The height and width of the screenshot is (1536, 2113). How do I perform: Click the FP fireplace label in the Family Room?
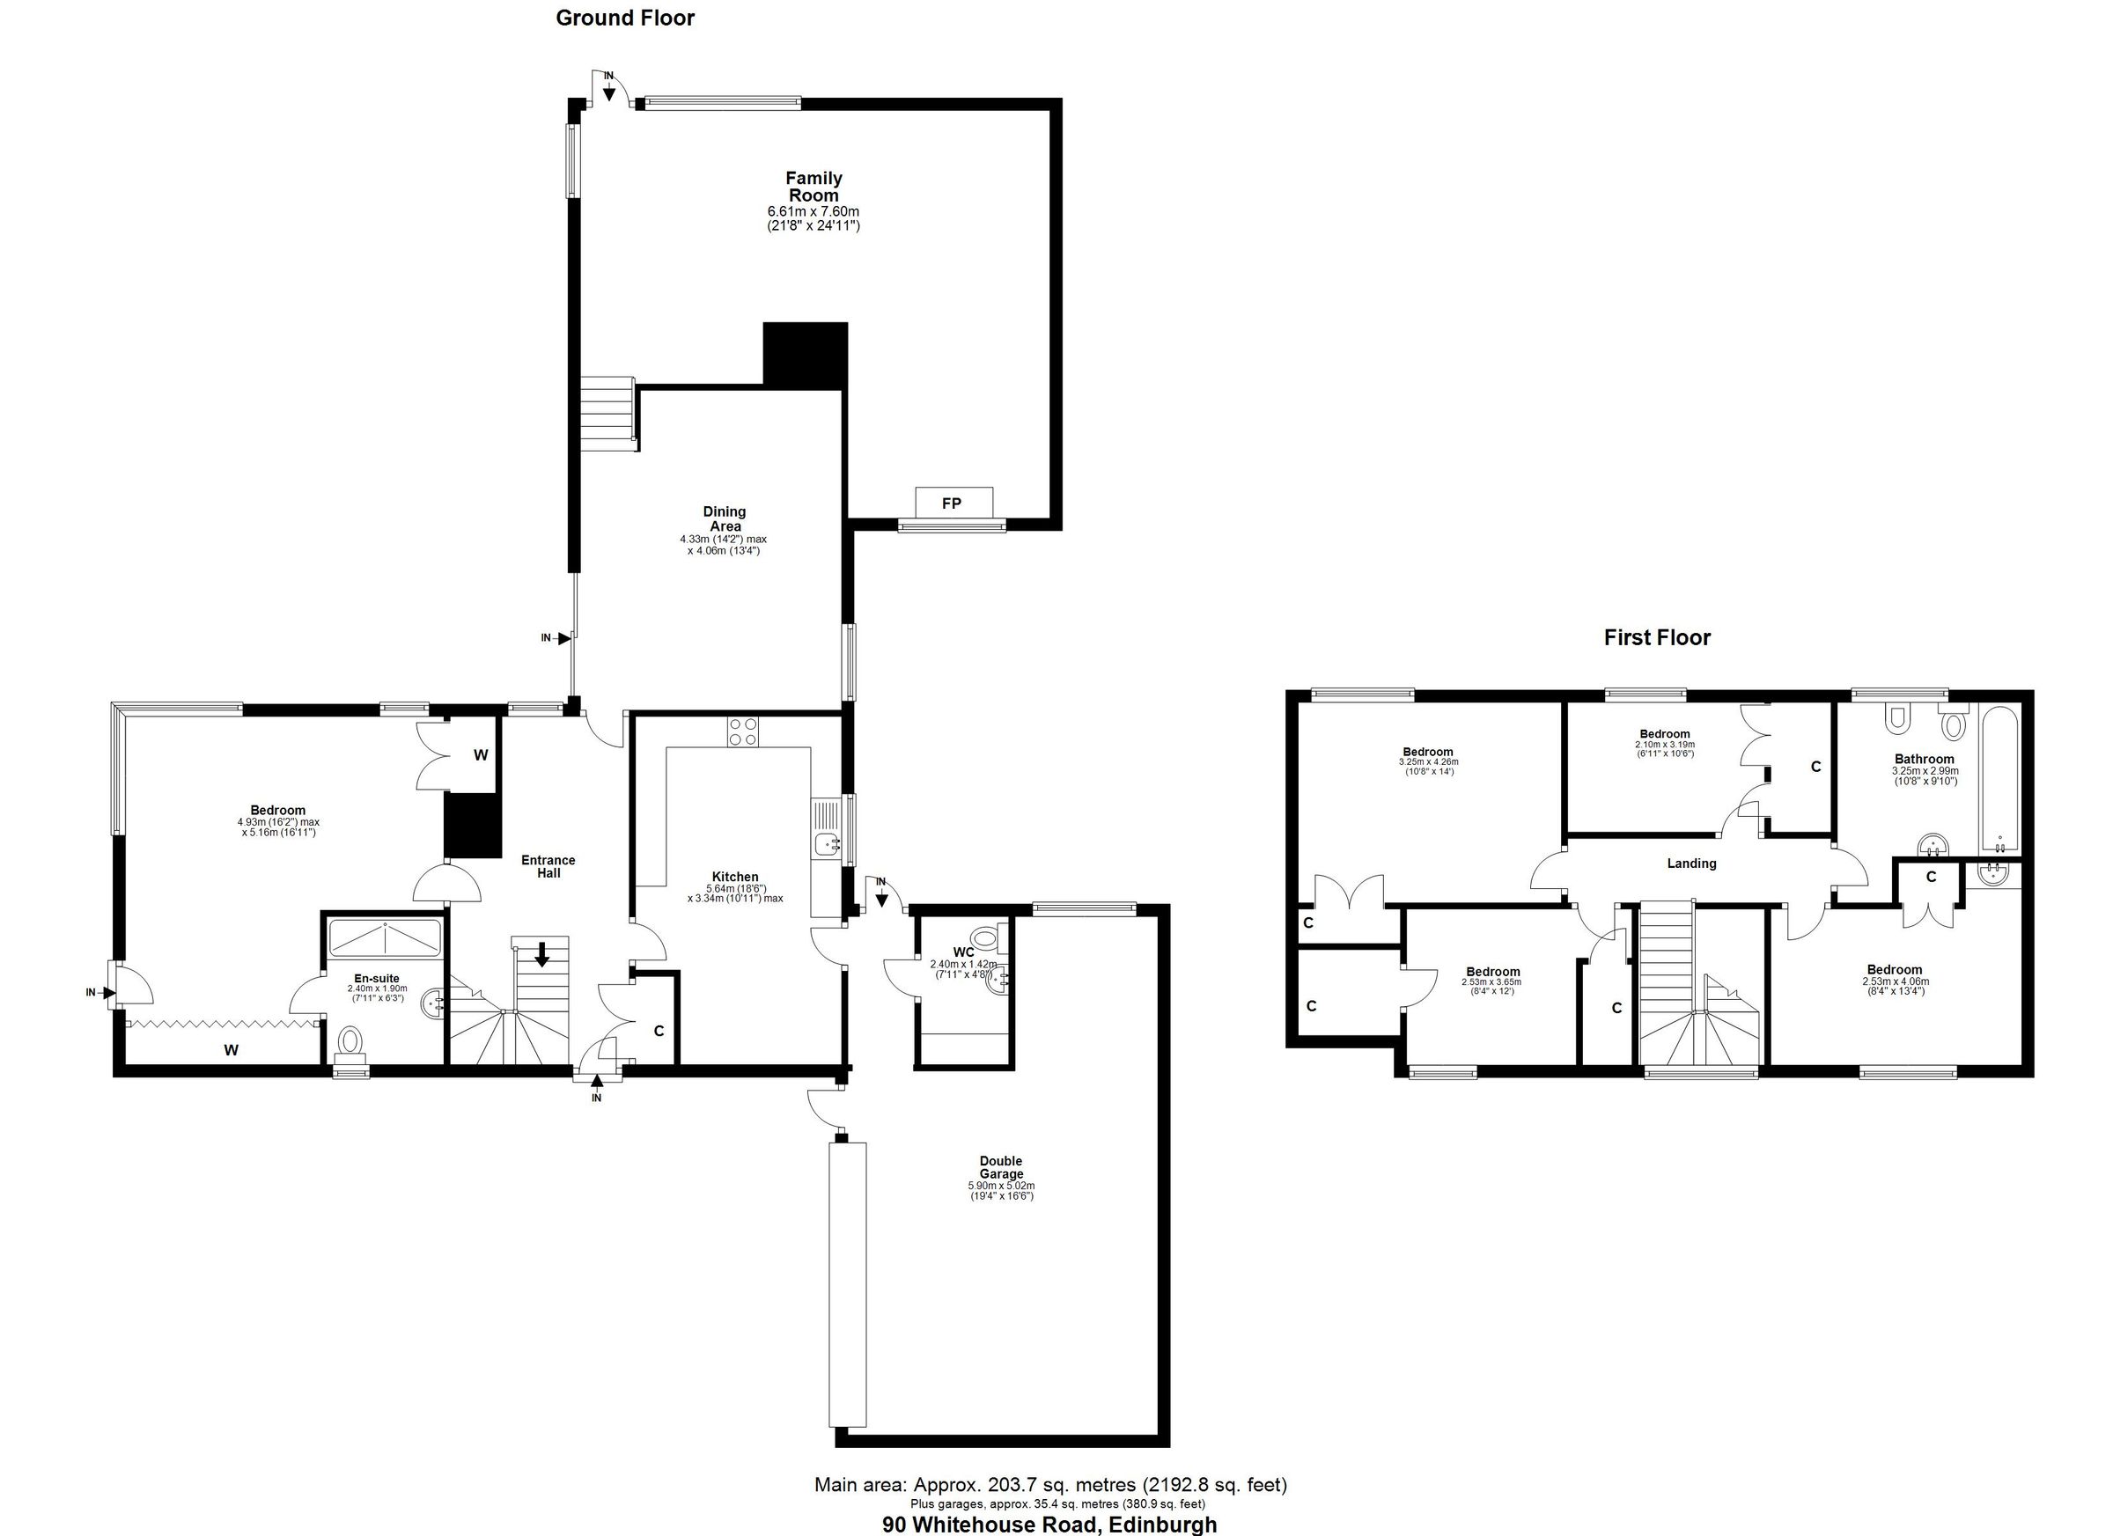[951, 503]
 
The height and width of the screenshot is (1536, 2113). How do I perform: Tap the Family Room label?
[814, 187]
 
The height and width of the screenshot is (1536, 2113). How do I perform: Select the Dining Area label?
[724, 518]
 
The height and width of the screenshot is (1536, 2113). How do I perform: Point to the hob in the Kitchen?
[743, 731]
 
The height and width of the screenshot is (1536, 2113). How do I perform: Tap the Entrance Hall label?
[548, 866]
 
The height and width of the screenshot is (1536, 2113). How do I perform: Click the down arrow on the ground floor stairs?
[541, 954]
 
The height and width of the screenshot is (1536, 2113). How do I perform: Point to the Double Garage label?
[1001, 1167]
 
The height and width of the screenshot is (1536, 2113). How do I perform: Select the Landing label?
[1691, 864]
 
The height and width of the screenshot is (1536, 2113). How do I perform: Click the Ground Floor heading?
[625, 18]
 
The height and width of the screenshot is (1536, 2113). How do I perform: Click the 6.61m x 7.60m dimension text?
[814, 212]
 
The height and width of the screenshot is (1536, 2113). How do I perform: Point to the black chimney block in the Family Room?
[805, 354]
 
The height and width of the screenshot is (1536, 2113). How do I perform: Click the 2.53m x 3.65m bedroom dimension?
[1492, 981]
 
